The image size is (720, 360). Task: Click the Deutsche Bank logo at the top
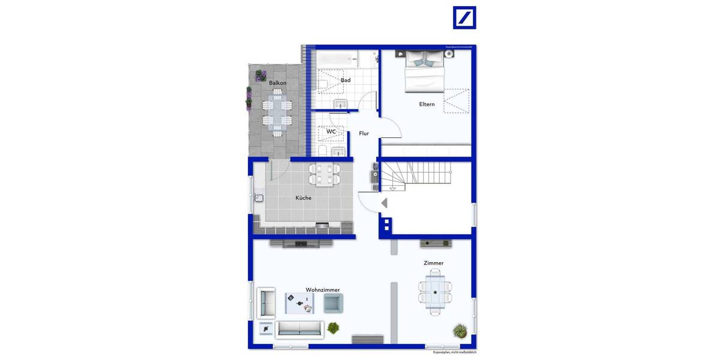[464, 17]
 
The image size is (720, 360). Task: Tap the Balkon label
[277, 83]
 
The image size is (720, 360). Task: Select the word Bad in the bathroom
[346, 80]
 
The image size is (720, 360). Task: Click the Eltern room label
[427, 104]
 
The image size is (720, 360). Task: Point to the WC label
[331, 131]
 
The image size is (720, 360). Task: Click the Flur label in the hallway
[364, 134]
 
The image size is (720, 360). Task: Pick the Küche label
[304, 198]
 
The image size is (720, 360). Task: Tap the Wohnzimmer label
[322, 290]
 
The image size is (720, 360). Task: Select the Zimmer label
[433, 263]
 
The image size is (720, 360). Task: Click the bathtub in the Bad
[337, 59]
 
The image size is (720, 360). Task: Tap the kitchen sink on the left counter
[259, 198]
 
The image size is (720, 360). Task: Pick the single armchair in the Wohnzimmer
[333, 302]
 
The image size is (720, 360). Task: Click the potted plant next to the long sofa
[332, 328]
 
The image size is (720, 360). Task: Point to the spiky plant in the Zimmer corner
[460, 330]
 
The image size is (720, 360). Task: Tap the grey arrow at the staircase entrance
[384, 203]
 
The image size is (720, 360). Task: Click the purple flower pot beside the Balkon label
[260, 76]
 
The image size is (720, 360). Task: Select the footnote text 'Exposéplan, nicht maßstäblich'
[455, 352]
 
